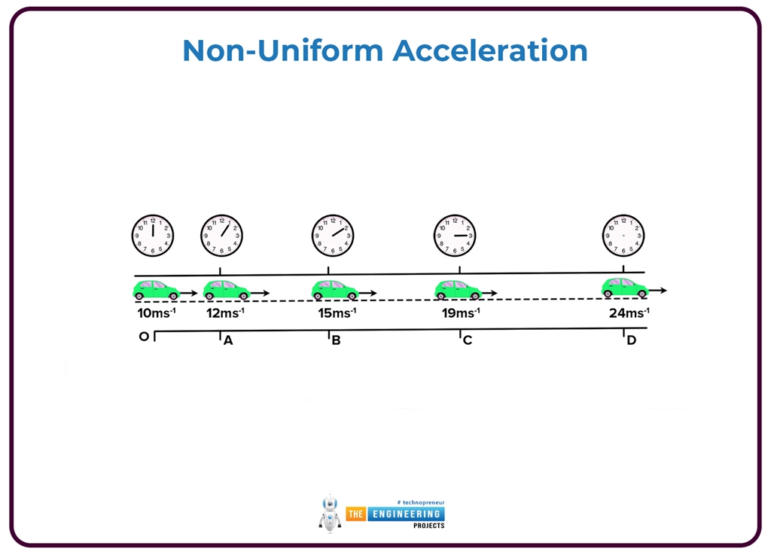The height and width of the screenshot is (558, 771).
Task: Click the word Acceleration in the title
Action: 489,50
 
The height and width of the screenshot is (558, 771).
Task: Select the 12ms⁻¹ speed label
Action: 225,313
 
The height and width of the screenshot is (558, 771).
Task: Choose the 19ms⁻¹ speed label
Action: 460,313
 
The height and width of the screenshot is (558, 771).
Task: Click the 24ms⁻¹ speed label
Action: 629,313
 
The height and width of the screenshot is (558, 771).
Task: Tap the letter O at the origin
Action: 144,337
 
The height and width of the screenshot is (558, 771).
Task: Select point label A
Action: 228,340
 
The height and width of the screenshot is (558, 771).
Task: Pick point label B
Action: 336,340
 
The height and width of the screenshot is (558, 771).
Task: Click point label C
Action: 467,340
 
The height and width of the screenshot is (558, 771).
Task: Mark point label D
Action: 631,340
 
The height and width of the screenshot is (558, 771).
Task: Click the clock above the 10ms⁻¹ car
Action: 152,235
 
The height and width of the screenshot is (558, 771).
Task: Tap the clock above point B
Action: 333,235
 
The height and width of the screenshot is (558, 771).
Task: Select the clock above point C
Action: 455,235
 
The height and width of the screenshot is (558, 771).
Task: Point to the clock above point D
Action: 623,235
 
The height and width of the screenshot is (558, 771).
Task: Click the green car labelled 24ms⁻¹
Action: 624,288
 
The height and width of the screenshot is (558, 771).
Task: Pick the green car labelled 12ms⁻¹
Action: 227,290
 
